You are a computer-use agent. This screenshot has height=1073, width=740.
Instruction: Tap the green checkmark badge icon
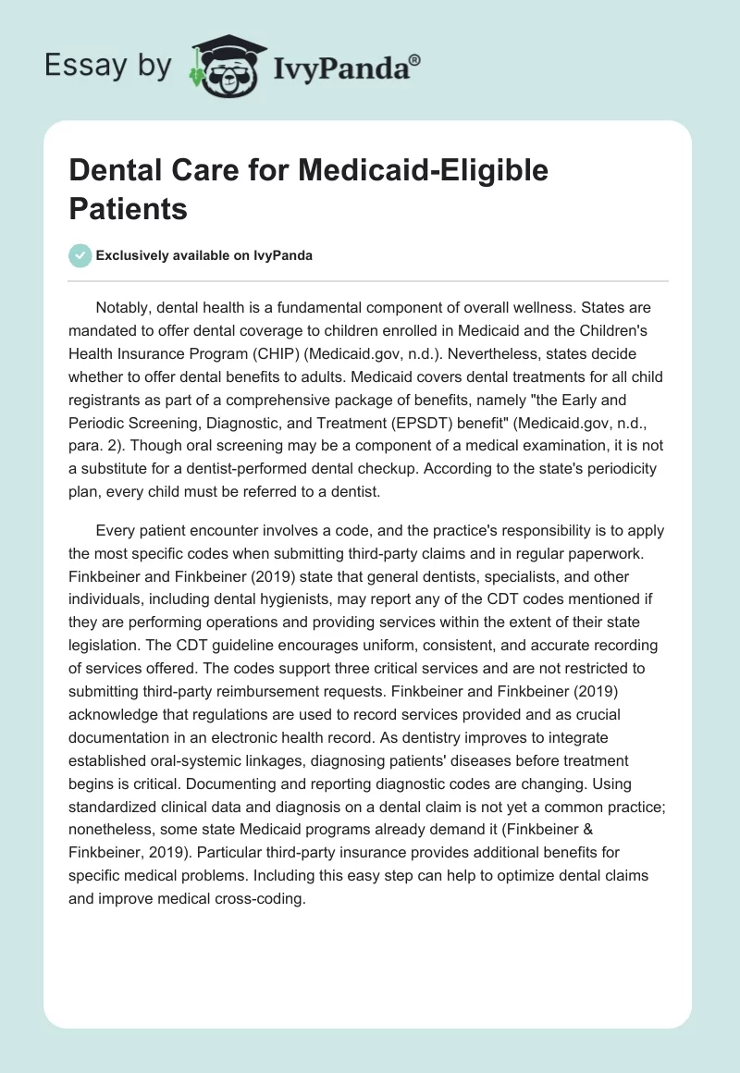(80, 256)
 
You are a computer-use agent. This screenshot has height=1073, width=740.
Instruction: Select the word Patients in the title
(129, 208)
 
